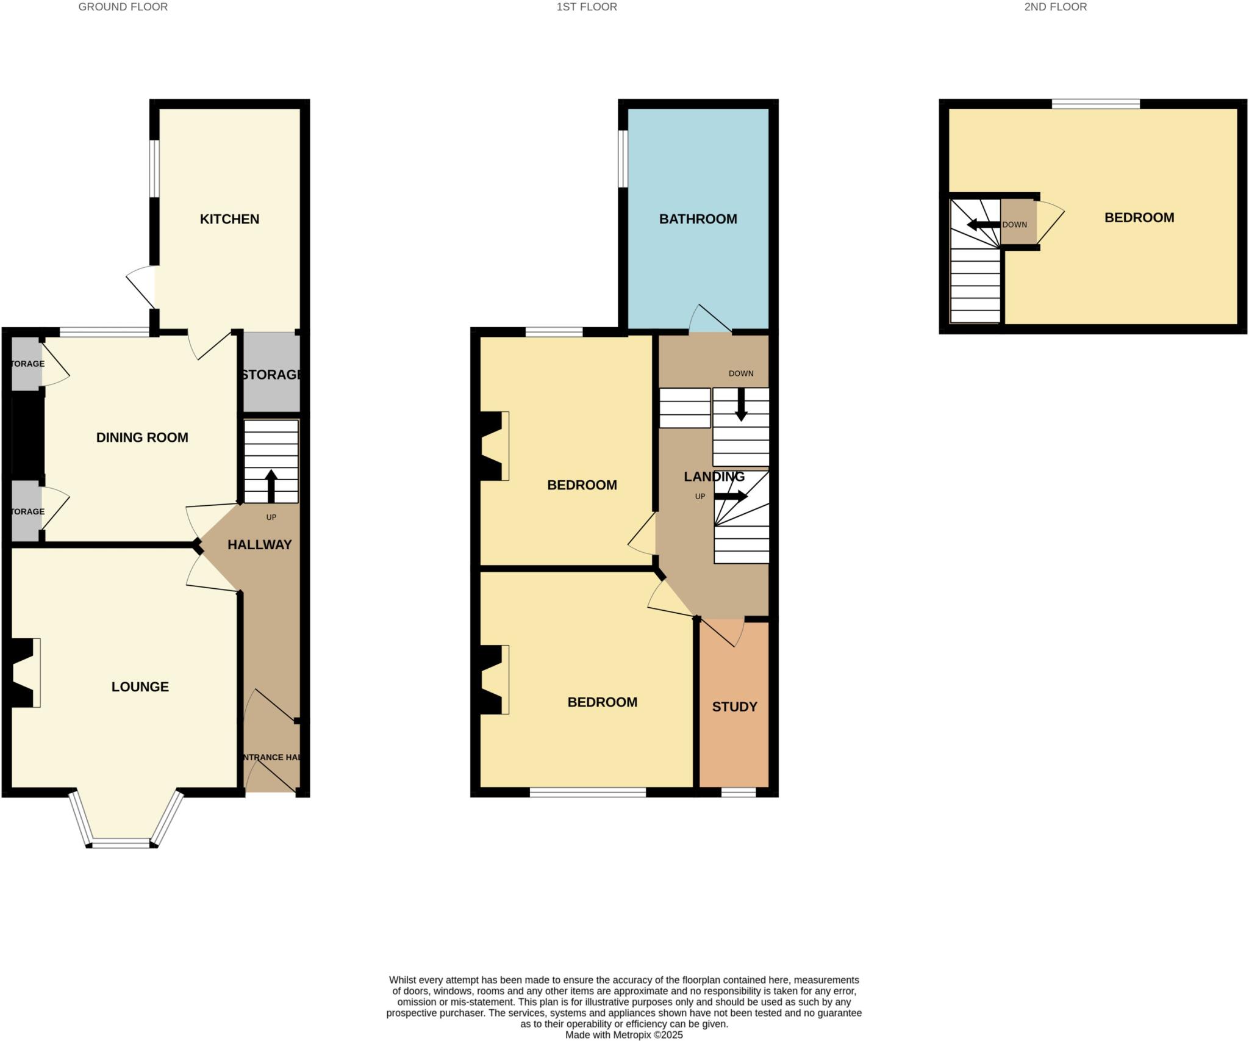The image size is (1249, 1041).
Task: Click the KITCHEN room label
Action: coord(229,219)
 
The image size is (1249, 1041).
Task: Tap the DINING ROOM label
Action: coord(142,438)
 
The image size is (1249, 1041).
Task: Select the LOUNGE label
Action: coord(140,687)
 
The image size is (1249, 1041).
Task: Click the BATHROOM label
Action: coord(698,219)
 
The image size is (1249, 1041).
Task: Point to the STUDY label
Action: coord(734,707)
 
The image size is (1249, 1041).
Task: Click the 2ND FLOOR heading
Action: coord(1055,7)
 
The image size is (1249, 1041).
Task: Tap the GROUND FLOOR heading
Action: coord(123,7)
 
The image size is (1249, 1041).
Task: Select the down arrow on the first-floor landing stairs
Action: coord(741,405)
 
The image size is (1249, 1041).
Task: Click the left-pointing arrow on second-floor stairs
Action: coord(982,225)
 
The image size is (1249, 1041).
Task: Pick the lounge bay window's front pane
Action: coord(121,844)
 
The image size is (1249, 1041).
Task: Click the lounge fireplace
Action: coord(24,672)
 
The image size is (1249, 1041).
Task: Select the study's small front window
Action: coord(738,793)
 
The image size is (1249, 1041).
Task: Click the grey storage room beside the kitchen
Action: coord(271,373)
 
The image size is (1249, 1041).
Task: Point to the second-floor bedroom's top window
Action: coord(1095,104)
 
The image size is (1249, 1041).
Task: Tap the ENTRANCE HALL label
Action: coord(271,757)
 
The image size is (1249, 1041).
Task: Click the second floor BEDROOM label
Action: coord(1139,218)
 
